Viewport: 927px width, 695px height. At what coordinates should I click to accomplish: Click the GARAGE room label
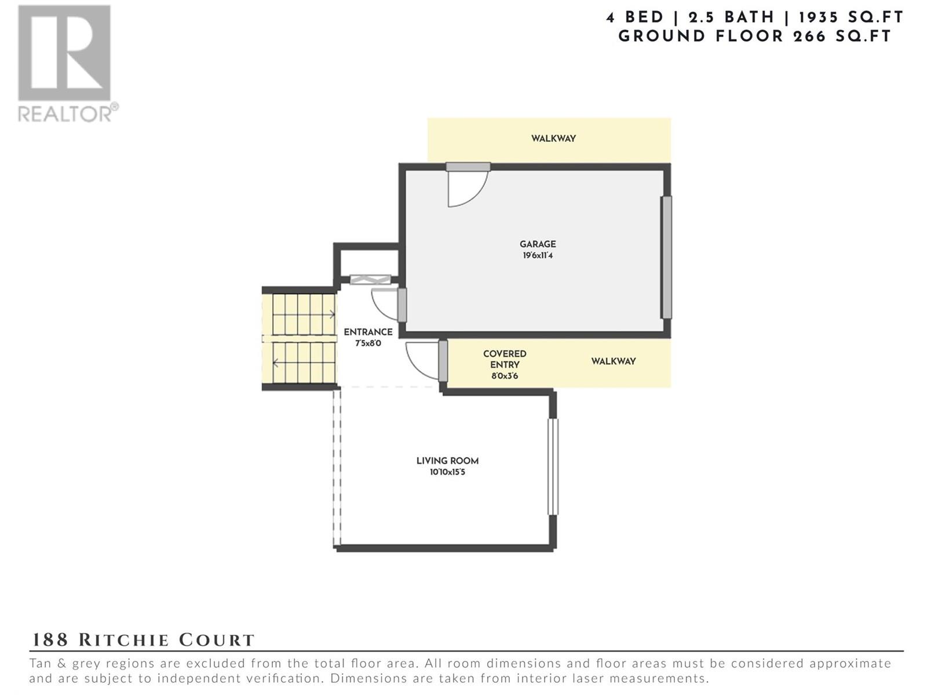[x=537, y=244]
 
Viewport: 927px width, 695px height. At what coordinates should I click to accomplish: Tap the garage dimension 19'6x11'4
[x=537, y=255]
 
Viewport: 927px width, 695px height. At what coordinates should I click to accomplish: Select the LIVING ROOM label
[x=447, y=461]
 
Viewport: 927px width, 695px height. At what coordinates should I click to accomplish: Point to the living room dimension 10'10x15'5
[x=447, y=472]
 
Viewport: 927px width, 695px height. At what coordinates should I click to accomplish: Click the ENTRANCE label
[x=368, y=332]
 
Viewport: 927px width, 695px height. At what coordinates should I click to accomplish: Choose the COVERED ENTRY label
[x=505, y=359]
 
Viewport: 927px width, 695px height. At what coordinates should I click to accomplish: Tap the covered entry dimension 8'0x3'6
[x=505, y=375]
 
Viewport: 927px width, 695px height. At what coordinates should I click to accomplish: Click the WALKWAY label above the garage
[x=553, y=138]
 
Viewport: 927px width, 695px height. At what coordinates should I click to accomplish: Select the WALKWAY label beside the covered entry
[x=613, y=361]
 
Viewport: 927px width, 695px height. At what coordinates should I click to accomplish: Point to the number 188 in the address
[x=50, y=640]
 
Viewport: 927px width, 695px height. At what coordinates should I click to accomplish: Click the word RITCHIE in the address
[x=124, y=640]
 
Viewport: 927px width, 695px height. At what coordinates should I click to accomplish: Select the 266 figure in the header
[x=809, y=36]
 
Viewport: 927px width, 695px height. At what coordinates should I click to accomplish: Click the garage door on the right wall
[x=666, y=257]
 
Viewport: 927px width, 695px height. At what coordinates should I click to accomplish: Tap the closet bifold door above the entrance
[x=370, y=279]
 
